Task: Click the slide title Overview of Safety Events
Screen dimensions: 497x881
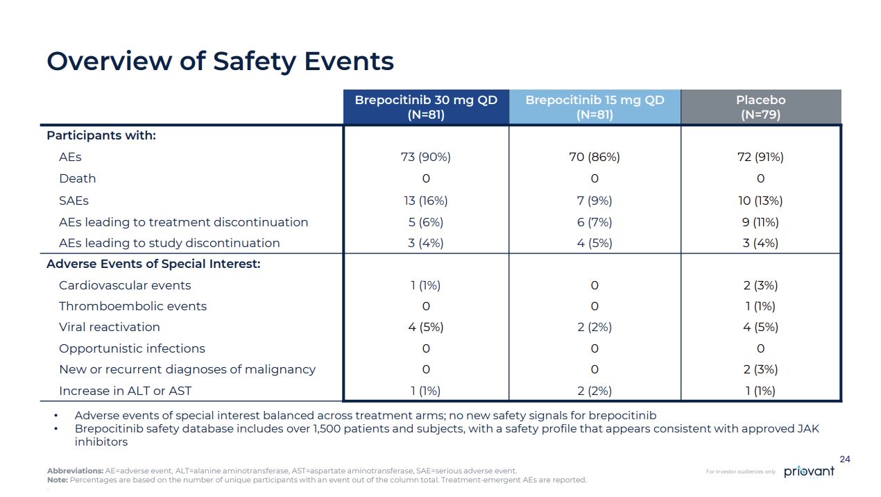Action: (220, 61)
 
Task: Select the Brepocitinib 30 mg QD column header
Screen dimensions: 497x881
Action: (426, 107)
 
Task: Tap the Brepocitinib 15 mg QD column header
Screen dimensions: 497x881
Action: (595, 107)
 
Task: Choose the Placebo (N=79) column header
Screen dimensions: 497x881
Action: (760, 107)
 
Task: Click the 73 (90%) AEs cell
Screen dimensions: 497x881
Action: (426, 157)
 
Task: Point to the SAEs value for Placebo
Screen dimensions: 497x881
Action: (760, 201)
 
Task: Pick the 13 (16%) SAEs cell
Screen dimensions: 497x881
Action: (426, 201)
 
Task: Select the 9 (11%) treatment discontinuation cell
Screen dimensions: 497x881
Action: (760, 222)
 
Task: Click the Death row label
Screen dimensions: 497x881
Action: (78, 178)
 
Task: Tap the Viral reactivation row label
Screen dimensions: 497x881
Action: (110, 327)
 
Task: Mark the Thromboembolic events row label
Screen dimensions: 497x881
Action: (132, 306)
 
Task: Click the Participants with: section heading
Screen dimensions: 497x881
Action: (101, 135)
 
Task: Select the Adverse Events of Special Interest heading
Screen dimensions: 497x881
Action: (153, 264)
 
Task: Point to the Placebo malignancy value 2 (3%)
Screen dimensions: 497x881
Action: (760, 369)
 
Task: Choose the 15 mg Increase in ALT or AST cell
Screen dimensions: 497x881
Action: (595, 391)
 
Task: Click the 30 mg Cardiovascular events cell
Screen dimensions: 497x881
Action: (426, 285)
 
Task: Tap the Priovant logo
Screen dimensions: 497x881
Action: (810, 472)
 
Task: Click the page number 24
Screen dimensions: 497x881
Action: (844, 459)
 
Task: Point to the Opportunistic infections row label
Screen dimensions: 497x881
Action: (132, 348)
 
